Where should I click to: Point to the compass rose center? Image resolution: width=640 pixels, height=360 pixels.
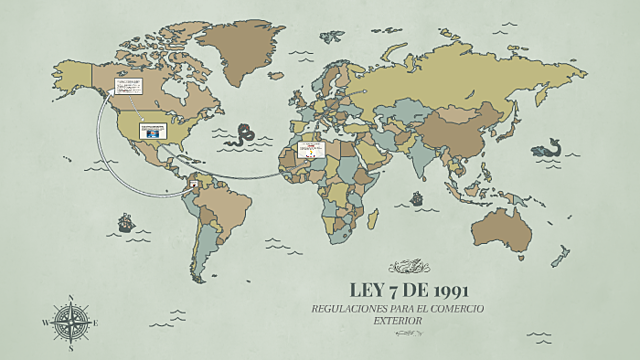click(x=70, y=321)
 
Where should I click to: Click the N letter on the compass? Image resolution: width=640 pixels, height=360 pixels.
click(x=70, y=298)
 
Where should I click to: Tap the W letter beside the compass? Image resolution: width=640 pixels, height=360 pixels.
click(x=46, y=322)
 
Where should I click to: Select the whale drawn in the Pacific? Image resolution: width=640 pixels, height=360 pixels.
click(x=546, y=150)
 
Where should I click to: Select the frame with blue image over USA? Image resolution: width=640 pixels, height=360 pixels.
click(x=153, y=130)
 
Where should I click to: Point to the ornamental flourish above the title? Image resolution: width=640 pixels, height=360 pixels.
click(x=409, y=266)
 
